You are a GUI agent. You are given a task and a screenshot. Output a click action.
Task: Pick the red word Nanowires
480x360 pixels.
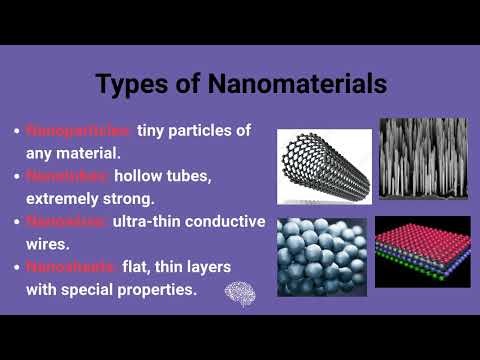(x=68, y=221)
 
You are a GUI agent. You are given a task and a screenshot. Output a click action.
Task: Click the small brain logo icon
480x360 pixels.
(x=239, y=293)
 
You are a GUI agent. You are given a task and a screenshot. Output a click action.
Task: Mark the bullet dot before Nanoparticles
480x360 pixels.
(x=15, y=132)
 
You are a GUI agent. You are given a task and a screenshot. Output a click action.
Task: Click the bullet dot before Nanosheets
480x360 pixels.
(x=15, y=267)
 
